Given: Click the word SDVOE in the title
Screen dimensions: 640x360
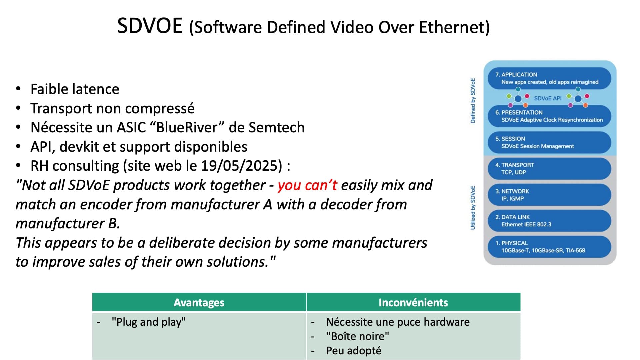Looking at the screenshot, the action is coord(150,26).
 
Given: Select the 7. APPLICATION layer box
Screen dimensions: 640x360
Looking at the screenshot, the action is coord(549,78).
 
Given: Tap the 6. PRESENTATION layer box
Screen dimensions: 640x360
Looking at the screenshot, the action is coord(549,116).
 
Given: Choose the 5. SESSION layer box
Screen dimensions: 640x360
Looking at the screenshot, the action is coord(549,142).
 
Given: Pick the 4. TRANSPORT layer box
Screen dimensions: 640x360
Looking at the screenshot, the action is coord(549,169).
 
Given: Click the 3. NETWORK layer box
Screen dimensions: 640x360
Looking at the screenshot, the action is coord(549,195).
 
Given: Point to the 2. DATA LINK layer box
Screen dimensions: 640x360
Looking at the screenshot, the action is coord(549,221).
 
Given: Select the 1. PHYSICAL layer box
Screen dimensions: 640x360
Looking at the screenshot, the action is coord(549,247).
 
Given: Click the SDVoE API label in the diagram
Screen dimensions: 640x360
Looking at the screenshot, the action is coord(548,98).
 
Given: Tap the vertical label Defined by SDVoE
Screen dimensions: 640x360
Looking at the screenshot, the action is coord(473,101).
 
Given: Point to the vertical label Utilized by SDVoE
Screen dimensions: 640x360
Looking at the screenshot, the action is coord(473,208).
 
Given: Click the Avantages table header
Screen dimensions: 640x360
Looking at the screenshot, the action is coord(199,302).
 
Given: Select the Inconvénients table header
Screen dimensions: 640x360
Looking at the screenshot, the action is coord(413,302).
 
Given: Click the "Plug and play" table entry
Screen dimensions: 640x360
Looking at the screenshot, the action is coord(149,322).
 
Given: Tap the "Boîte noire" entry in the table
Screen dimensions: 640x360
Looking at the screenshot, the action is coord(358,336).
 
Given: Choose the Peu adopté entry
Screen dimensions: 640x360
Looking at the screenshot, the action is coord(354,351).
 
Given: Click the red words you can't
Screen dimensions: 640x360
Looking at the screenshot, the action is coord(307,185).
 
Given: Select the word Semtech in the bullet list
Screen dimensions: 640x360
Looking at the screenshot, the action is coord(277,127).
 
